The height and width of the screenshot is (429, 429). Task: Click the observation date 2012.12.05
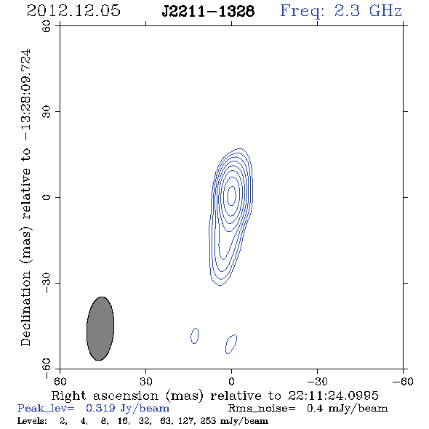(x=73, y=11)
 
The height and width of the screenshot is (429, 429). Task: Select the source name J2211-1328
(x=208, y=12)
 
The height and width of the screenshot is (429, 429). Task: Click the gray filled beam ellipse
(x=100, y=329)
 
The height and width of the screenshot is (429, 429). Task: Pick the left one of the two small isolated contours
(x=195, y=336)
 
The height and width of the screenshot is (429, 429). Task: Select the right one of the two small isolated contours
(x=231, y=344)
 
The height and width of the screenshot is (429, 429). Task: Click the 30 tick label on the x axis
(x=145, y=382)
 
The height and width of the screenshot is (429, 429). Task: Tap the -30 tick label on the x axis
(x=317, y=382)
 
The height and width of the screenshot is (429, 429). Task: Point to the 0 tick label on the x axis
(x=231, y=382)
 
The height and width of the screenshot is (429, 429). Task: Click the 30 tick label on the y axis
(x=47, y=111)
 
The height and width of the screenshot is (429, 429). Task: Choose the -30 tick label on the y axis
(x=47, y=283)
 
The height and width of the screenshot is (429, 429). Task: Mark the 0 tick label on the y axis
(x=47, y=197)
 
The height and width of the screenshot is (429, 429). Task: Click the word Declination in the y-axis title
(x=25, y=308)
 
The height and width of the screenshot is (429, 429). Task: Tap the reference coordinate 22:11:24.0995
(x=333, y=396)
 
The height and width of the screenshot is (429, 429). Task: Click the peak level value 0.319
(x=100, y=408)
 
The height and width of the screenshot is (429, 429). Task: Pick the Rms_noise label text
(x=262, y=409)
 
